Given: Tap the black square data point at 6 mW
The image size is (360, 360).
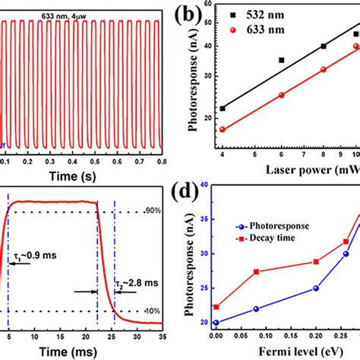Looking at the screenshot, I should [x=281, y=60].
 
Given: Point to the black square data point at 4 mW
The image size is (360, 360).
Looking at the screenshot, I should [x=223, y=109].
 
